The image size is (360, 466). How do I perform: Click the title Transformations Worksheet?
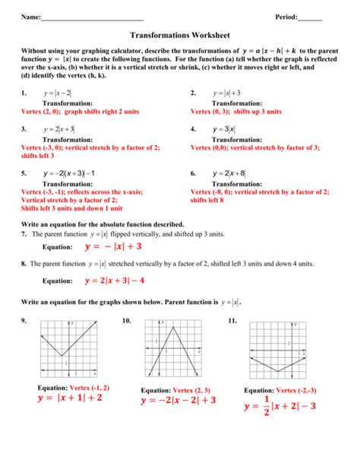pyautogui.click(x=180, y=36)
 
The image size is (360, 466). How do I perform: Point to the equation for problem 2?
pyautogui.click(x=227, y=93)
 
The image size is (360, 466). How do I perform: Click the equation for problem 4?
pyautogui.click(x=225, y=129)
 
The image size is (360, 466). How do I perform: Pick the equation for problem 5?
pyautogui.click(x=69, y=173)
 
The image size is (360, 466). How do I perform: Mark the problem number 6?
pyautogui.click(x=194, y=173)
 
